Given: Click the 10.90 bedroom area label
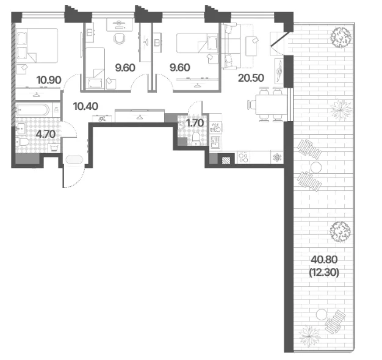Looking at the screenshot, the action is coord(49,80).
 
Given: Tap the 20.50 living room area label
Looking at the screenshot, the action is coord(251,78).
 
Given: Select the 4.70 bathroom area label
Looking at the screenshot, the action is coord(46,134).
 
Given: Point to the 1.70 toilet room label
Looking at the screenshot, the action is coord(195,123).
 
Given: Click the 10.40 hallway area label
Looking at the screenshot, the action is coord(85,106).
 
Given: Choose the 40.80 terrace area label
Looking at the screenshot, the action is coord(324,260).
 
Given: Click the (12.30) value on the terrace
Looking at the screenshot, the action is coord(324,273).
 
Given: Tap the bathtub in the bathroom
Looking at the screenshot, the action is coord(33,110).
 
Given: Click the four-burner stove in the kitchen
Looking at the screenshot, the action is coord(243,157).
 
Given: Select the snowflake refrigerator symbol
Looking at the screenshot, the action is coord(277,157).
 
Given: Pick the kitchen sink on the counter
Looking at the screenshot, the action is coord(215,143).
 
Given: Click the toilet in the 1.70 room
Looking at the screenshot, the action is coord(196,138).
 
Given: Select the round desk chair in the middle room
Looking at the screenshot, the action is coord(120,38).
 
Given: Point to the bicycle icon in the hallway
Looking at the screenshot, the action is coord(102,119).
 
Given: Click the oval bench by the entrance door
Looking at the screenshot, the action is coord(74,160).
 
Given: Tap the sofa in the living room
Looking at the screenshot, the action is coord(229,46).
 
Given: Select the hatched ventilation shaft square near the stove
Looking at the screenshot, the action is coord(226,160).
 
